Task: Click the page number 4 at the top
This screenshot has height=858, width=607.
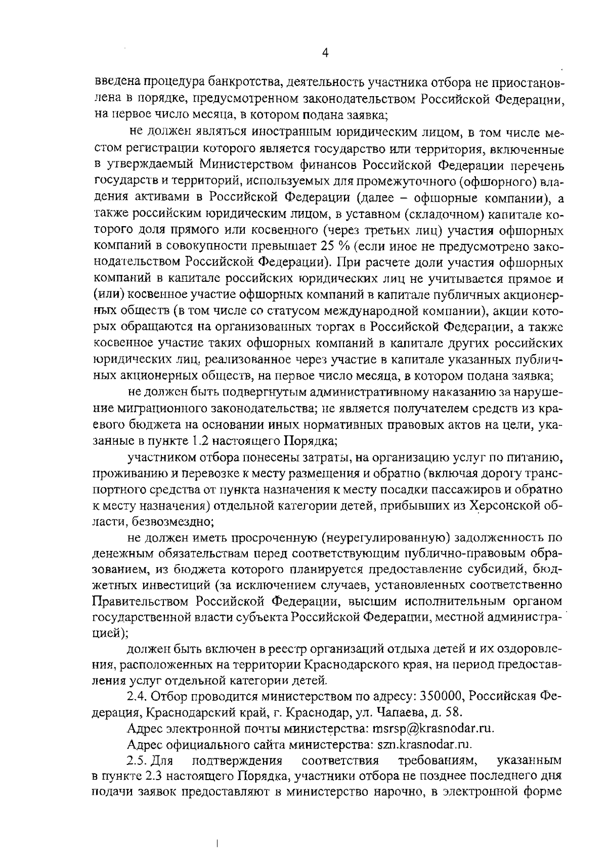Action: pyautogui.click(x=326, y=53)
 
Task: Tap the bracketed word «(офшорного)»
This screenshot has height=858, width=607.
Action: pyautogui.click(x=486, y=181)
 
